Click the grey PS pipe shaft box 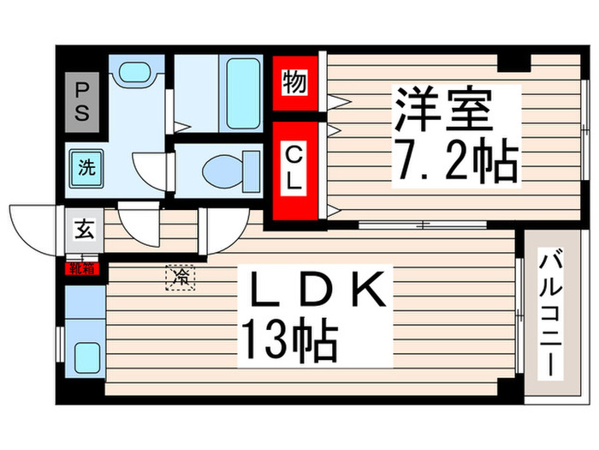84,101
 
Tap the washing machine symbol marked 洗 86,168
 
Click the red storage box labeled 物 293,83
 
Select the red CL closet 293,169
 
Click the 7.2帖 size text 455,160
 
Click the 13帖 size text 289,339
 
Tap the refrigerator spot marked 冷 181,277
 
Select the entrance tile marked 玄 85,230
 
